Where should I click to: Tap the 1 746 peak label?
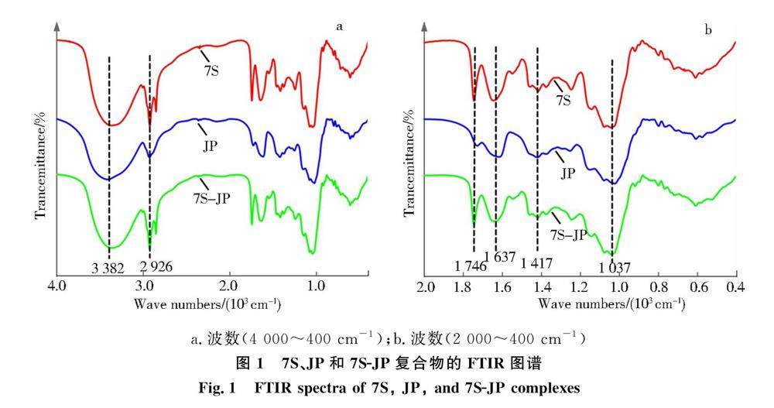point(469,268)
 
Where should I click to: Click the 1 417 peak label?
point(537,264)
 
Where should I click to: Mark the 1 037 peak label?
point(615,268)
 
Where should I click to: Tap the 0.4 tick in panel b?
point(735,288)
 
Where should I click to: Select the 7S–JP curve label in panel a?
point(212,197)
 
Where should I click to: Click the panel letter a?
point(339,26)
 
